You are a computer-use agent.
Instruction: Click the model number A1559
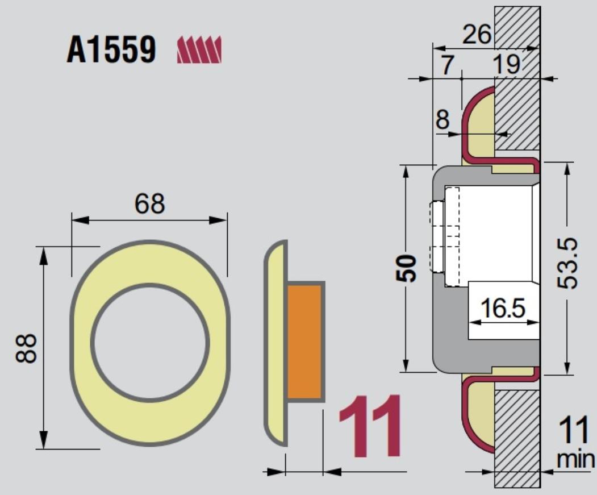click(111, 49)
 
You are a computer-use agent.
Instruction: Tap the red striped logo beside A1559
click(199, 50)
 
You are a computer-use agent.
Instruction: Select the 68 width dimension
click(149, 203)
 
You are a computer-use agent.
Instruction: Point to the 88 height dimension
click(26, 348)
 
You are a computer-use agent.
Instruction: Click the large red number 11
click(370, 426)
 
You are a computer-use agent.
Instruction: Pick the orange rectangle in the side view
click(304, 342)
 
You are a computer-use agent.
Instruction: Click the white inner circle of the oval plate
click(150, 343)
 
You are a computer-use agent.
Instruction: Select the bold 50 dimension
click(406, 268)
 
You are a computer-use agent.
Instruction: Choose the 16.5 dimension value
click(503, 308)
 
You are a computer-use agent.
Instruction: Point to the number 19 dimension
click(506, 64)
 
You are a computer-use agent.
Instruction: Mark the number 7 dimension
click(448, 64)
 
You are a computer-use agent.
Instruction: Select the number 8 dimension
click(442, 120)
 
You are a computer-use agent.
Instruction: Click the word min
click(575, 459)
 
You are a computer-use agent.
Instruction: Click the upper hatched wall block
click(517, 78)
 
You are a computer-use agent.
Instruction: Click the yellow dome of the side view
click(275, 343)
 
